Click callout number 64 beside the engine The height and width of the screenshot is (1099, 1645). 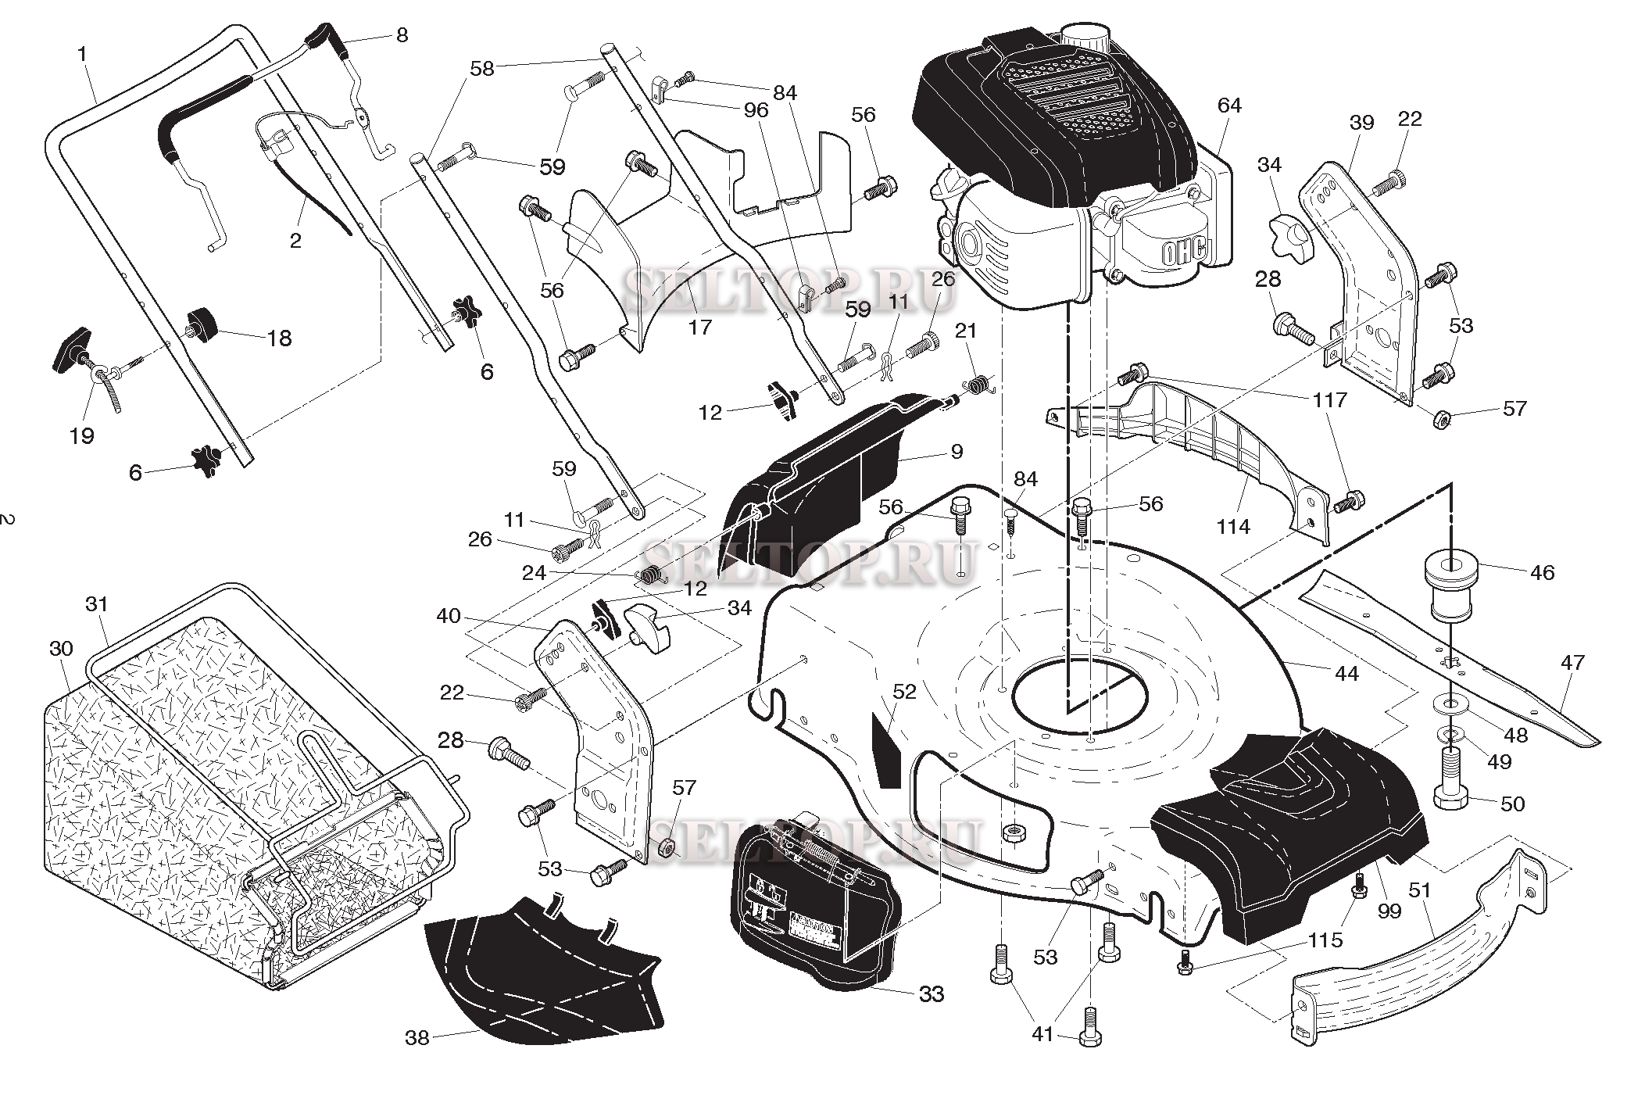(x=1229, y=105)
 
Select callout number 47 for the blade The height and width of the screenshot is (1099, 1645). (x=1572, y=663)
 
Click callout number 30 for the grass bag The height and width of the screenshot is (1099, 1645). (x=61, y=648)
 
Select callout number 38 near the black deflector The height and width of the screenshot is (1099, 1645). (x=417, y=1038)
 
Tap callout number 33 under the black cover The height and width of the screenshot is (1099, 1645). (x=932, y=994)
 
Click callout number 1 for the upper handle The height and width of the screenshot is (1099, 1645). (x=82, y=55)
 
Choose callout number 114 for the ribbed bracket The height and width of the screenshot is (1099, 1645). (x=1232, y=527)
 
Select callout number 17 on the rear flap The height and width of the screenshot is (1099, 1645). (x=699, y=326)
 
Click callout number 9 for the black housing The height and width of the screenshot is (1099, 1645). (x=957, y=451)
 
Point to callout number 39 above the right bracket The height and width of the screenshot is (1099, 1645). (x=1361, y=123)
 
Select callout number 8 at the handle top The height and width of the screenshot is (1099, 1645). (x=402, y=35)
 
